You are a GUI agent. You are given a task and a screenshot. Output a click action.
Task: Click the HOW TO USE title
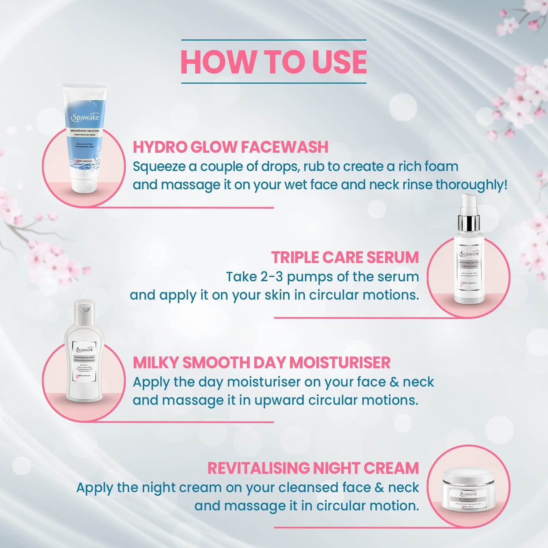pos(274,61)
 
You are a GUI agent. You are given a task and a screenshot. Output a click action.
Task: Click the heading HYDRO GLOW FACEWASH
pos(231,147)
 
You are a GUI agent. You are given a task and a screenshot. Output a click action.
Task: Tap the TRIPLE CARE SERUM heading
pos(345,257)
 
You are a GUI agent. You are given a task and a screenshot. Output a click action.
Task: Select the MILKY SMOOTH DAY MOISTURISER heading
pos(262,362)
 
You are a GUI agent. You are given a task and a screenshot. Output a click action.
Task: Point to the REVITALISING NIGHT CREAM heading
pos(313,468)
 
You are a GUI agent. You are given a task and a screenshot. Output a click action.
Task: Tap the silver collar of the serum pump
pos(469,221)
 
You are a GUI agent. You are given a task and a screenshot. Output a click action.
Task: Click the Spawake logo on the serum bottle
pos(469,254)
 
